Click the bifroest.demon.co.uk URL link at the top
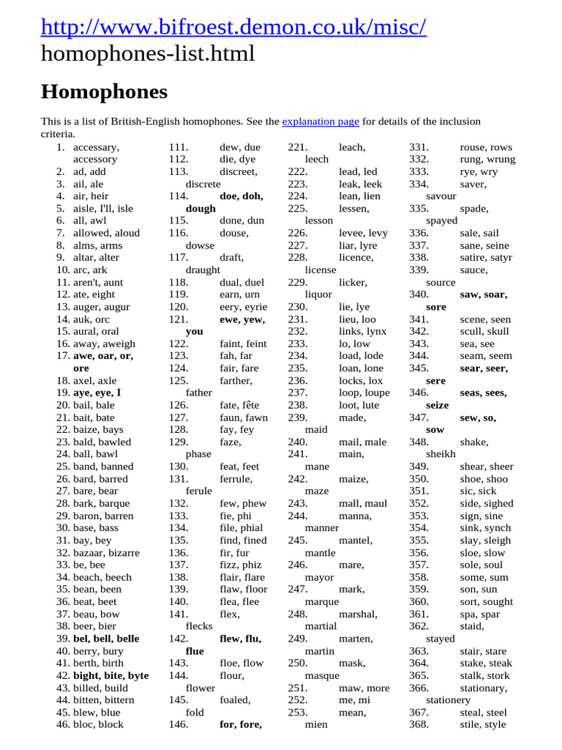coord(233,27)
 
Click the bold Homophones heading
coord(104,92)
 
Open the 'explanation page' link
coord(321,122)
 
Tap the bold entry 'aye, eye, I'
coord(97,393)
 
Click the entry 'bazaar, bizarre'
coord(106,553)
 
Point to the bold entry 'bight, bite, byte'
coord(110,676)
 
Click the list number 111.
coord(179,147)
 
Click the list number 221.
coord(298,147)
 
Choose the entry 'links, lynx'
coord(362,332)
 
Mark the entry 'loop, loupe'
coord(364,393)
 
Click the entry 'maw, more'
coord(364,688)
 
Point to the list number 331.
coord(419,147)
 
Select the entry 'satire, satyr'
coord(486,258)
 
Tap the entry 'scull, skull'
coord(484,332)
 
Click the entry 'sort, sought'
coord(487,602)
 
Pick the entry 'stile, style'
coord(483,725)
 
